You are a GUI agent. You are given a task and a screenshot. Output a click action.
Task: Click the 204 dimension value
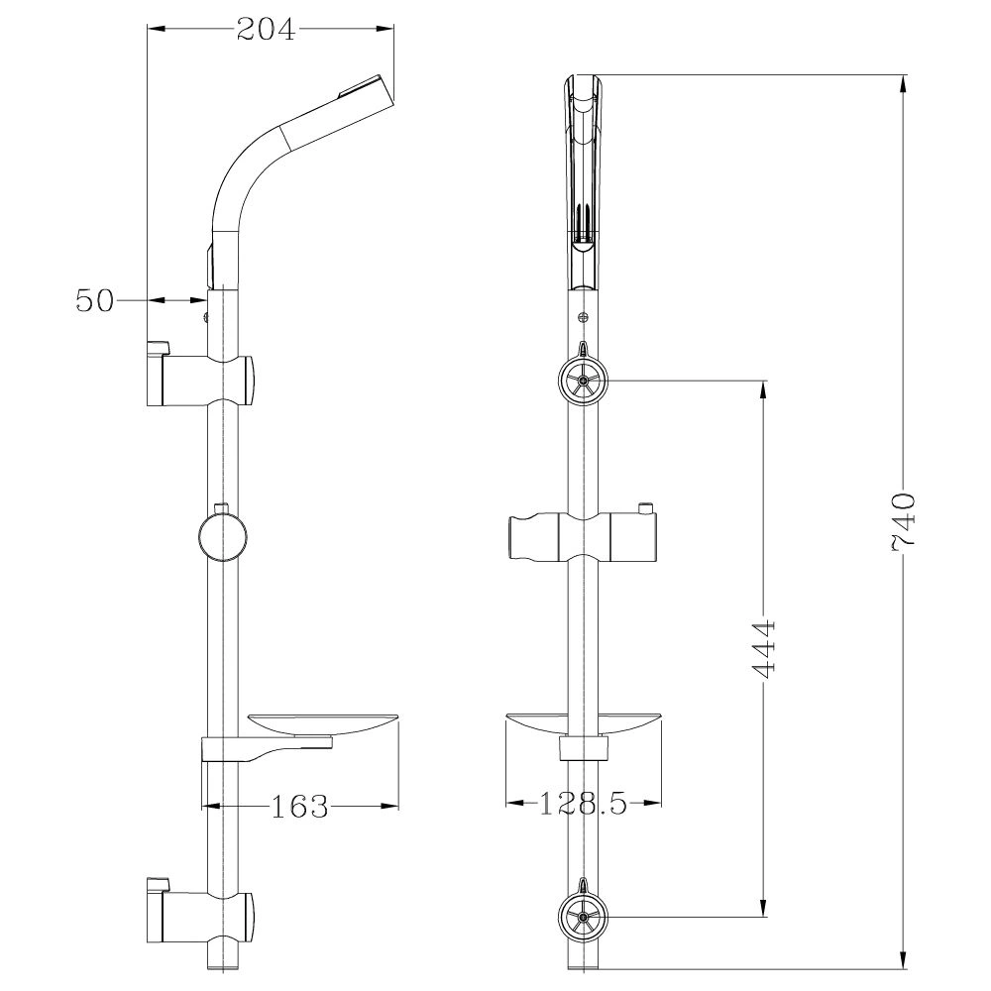(x=266, y=29)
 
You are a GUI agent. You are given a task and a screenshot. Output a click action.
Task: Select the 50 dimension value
(x=95, y=300)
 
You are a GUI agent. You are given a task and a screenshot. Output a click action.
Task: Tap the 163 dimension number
(x=299, y=806)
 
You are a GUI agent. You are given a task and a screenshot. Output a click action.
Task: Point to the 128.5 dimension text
(x=582, y=804)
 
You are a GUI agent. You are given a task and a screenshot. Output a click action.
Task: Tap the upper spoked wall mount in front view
(x=583, y=380)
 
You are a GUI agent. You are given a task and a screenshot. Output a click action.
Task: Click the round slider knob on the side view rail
(x=222, y=537)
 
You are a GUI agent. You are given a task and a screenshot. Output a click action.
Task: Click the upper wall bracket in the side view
(x=201, y=379)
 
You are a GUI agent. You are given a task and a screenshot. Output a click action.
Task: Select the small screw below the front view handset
(x=583, y=318)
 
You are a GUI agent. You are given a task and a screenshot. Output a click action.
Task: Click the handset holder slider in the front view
(x=583, y=536)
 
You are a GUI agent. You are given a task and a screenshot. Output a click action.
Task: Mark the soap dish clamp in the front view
(x=584, y=747)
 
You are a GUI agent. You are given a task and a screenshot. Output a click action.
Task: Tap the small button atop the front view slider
(x=645, y=507)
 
